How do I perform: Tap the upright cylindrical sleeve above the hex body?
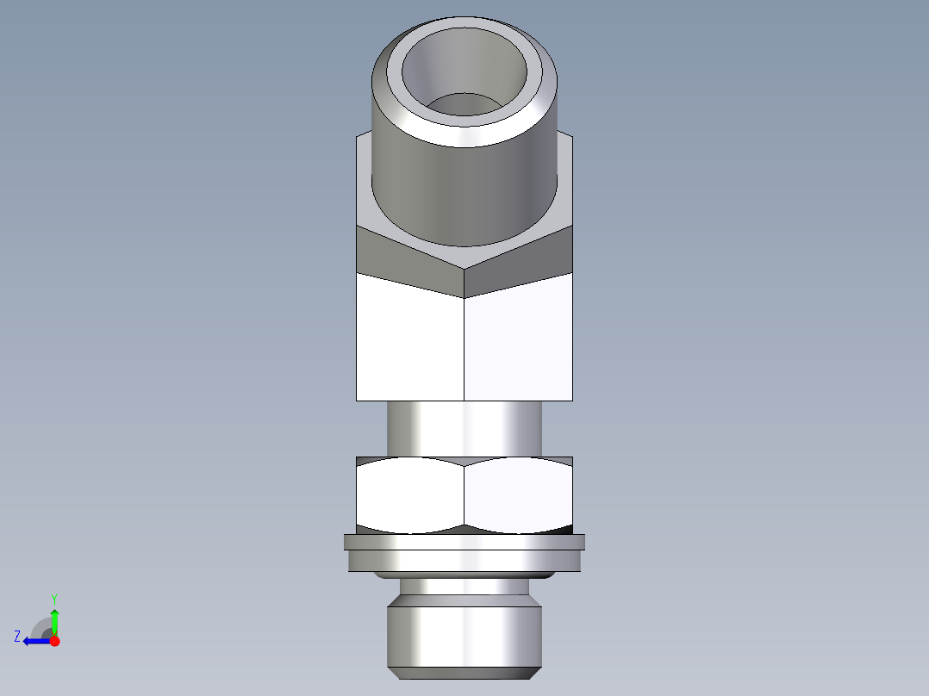coord(465,185)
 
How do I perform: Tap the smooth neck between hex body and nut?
coord(464,428)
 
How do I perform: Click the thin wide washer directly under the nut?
coord(464,542)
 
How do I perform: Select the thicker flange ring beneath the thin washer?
coord(464,561)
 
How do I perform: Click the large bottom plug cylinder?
coord(464,633)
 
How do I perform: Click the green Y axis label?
coord(53,598)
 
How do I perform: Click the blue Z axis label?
coord(17,637)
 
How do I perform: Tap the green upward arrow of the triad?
coord(54,618)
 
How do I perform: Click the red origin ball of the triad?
coord(54,641)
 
